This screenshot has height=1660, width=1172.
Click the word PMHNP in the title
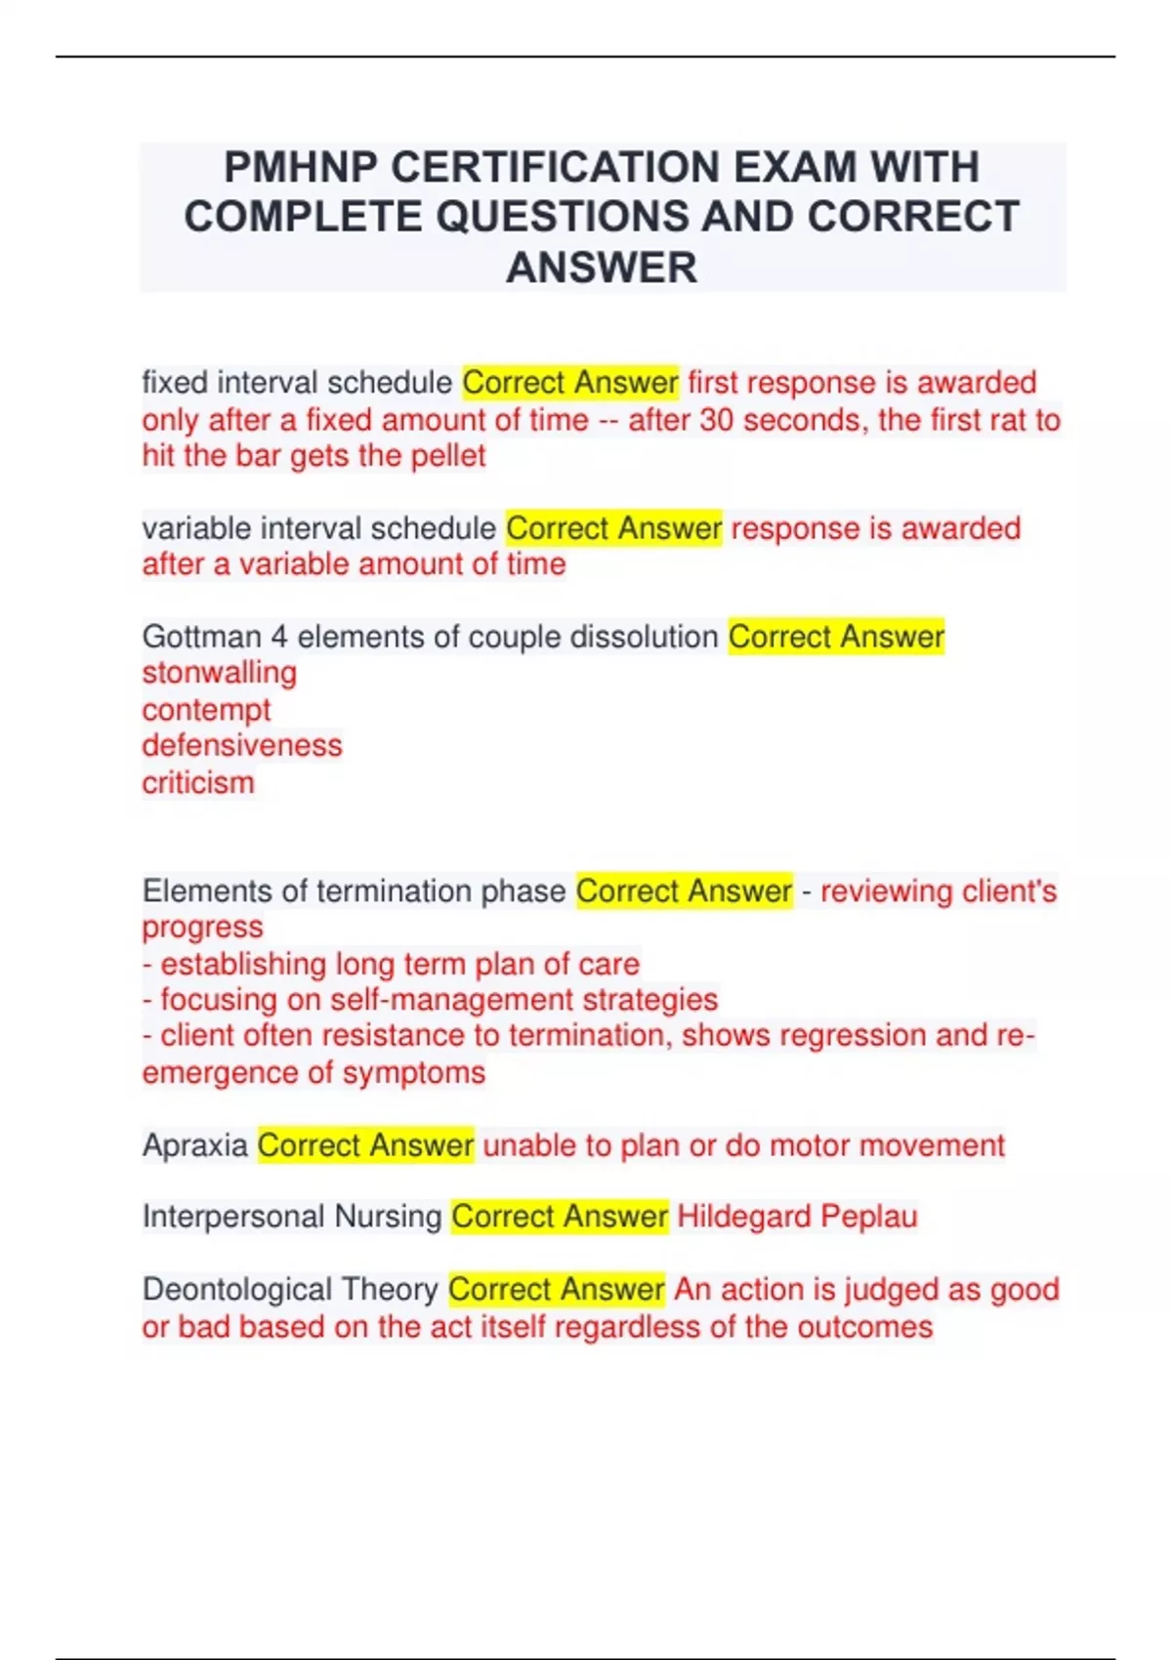pos(301,167)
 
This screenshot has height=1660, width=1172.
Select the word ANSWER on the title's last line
pos(602,268)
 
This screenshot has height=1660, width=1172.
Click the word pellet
pos(448,456)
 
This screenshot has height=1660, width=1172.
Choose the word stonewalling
pos(220,673)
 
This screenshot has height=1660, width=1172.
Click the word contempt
pos(206,710)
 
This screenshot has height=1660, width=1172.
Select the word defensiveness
pos(242,746)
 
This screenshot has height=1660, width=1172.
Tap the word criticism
pos(198,783)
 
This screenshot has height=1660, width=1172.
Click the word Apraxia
pos(194,1144)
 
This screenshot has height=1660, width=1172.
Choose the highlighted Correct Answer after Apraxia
pos(365,1144)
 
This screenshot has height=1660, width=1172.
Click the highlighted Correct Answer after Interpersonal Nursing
pos(560,1217)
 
